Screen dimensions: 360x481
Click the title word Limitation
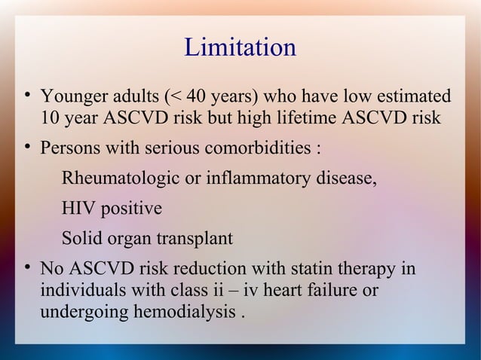240,47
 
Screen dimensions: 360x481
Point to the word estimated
414,98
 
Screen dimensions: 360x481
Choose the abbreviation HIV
77,209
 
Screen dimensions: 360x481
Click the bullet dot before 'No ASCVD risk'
26,268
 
